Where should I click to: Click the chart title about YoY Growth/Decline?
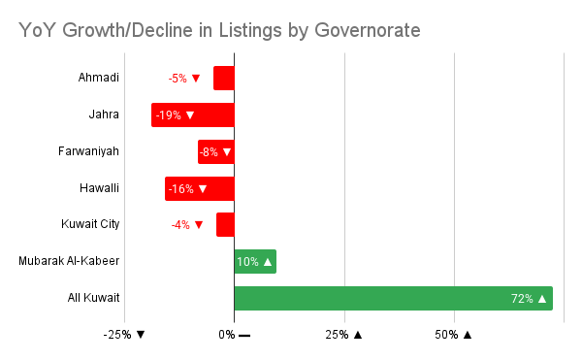click(x=219, y=31)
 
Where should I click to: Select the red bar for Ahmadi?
click(x=224, y=78)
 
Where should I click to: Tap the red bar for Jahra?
click(x=192, y=115)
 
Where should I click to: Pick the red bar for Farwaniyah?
click(x=215, y=151)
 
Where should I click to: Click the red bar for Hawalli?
click(x=199, y=188)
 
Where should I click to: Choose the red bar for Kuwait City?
click(x=225, y=224)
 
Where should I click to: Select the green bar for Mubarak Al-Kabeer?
click(x=255, y=261)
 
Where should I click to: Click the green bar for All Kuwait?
click(x=393, y=298)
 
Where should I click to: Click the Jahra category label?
click(x=103, y=115)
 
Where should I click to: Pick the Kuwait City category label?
click(x=90, y=224)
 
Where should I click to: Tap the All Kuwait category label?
click(x=94, y=298)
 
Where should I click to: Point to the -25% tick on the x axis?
click(x=124, y=335)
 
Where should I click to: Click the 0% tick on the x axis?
click(x=234, y=335)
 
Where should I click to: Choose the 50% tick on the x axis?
click(x=453, y=335)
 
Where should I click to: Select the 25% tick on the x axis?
click(x=343, y=335)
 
